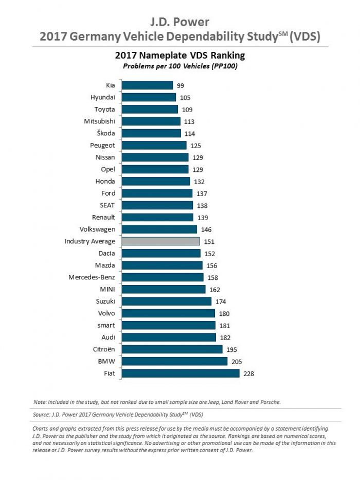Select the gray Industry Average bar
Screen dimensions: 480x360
(x=160, y=241)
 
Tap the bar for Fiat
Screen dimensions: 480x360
(x=181, y=373)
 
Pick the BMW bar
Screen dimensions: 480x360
(x=174, y=361)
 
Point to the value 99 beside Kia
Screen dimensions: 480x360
(x=180, y=85)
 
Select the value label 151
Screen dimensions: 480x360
(x=209, y=241)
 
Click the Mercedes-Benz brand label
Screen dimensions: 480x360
(x=92, y=277)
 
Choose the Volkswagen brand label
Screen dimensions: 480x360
(x=97, y=229)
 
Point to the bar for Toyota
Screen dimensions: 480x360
(x=150, y=109)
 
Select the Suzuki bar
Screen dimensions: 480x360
(x=167, y=301)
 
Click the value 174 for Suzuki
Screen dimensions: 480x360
(x=221, y=301)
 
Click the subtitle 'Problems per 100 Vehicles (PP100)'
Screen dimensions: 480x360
(x=179, y=66)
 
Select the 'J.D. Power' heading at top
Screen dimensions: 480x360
(x=179, y=22)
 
